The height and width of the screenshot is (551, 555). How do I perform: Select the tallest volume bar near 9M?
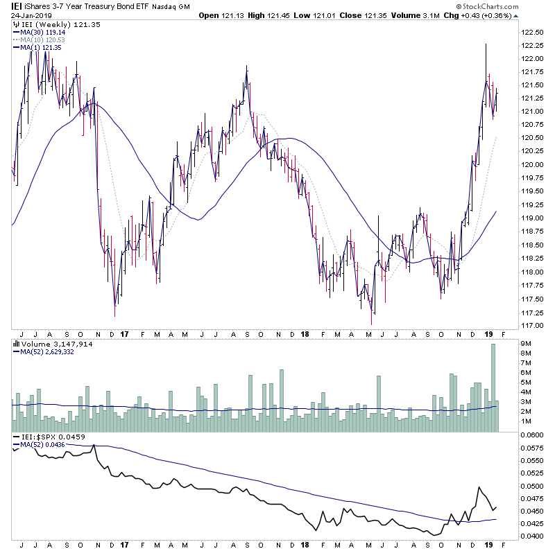[493, 388]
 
